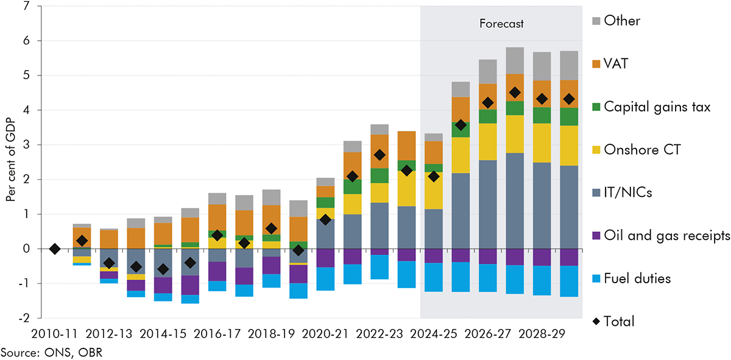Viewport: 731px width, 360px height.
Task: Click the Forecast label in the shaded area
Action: [x=501, y=24]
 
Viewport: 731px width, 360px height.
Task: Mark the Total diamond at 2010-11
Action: [x=55, y=249]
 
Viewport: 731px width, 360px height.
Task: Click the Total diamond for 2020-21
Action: [x=326, y=219]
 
